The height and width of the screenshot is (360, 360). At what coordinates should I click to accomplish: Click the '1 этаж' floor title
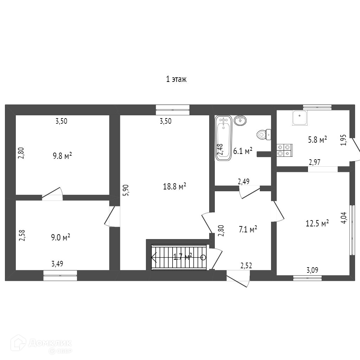[176, 79]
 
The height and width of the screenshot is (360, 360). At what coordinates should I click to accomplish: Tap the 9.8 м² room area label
[63, 156]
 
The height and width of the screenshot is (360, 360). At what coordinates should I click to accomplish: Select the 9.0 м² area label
[60, 237]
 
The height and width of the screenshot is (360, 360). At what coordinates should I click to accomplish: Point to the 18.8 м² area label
[174, 186]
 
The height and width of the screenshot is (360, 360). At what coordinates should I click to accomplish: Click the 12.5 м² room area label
[317, 223]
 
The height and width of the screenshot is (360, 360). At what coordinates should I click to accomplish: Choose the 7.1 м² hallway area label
[248, 229]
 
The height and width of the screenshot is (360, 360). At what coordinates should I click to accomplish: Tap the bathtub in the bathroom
[223, 139]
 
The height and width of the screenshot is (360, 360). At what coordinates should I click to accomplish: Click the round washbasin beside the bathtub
[240, 120]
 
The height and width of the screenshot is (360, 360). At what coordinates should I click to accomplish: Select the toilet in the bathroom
[264, 135]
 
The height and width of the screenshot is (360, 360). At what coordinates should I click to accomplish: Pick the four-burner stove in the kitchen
[284, 150]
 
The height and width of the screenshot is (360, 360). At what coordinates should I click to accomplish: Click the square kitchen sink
[300, 118]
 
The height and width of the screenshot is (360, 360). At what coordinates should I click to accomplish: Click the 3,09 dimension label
[313, 270]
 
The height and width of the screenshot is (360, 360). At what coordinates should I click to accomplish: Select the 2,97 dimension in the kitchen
[315, 162]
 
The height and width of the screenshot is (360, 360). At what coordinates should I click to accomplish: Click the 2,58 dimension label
[22, 235]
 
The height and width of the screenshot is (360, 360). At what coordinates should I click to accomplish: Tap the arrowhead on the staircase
[154, 257]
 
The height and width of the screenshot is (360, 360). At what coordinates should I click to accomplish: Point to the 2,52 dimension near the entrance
[246, 266]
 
